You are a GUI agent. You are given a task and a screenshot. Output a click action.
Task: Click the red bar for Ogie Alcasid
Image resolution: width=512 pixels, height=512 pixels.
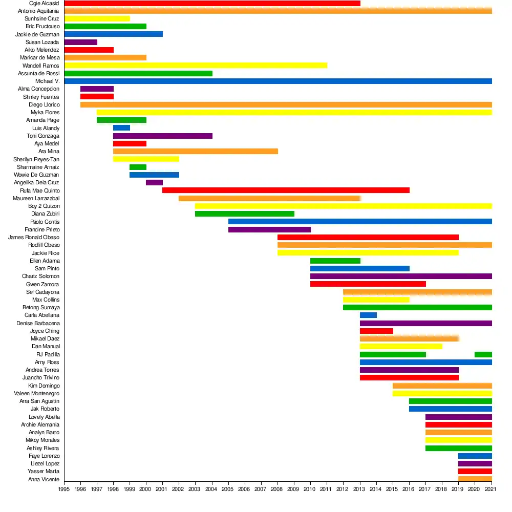(x=212, y=3)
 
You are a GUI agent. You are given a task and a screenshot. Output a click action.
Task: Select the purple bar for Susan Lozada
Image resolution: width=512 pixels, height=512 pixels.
(x=81, y=42)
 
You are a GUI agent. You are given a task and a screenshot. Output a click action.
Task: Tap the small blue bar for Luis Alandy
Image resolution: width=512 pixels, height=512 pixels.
(x=121, y=127)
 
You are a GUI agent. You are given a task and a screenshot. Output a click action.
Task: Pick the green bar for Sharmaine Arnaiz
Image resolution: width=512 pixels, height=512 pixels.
(x=138, y=167)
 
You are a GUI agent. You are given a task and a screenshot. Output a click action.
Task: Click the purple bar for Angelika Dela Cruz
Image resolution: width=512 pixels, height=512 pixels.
(x=154, y=183)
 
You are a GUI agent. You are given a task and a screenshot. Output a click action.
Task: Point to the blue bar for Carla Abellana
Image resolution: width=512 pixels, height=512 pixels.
(x=368, y=315)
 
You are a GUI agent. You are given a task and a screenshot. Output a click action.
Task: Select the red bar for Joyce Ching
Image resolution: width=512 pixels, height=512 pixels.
(x=376, y=331)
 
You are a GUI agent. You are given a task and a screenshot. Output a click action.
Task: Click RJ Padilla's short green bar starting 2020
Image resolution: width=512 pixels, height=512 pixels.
(x=483, y=355)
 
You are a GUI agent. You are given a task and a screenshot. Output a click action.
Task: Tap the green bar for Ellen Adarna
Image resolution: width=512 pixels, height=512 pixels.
(x=335, y=261)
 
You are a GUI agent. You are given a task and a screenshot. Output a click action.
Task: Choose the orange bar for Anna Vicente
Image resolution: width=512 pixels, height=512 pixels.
(x=475, y=479)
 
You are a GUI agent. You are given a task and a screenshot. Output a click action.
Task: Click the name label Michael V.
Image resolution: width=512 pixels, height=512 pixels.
(x=47, y=81)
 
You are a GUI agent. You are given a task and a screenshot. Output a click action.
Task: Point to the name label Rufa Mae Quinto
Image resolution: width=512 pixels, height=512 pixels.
(x=40, y=190)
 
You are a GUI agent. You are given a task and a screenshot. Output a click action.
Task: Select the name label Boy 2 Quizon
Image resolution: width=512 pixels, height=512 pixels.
(x=44, y=206)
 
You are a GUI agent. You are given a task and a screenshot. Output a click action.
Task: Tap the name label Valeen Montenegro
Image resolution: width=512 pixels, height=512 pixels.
(x=36, y=393)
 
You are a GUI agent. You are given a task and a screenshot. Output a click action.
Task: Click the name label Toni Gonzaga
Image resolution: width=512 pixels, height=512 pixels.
(x=43, y=136)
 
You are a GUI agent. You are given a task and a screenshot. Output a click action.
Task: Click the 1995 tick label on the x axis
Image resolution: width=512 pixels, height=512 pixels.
(x=64, y=489)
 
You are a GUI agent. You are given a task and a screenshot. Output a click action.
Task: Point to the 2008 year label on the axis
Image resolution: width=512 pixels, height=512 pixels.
(x=277, y=489)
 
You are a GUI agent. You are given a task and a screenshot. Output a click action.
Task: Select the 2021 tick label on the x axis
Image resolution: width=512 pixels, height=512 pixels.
(x=490, y=489)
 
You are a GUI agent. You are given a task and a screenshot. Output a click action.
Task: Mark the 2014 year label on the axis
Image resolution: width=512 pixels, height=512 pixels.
(x=375, y=489)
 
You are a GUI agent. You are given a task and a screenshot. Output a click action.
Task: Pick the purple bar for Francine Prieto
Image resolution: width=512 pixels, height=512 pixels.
(x=269, y=229)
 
